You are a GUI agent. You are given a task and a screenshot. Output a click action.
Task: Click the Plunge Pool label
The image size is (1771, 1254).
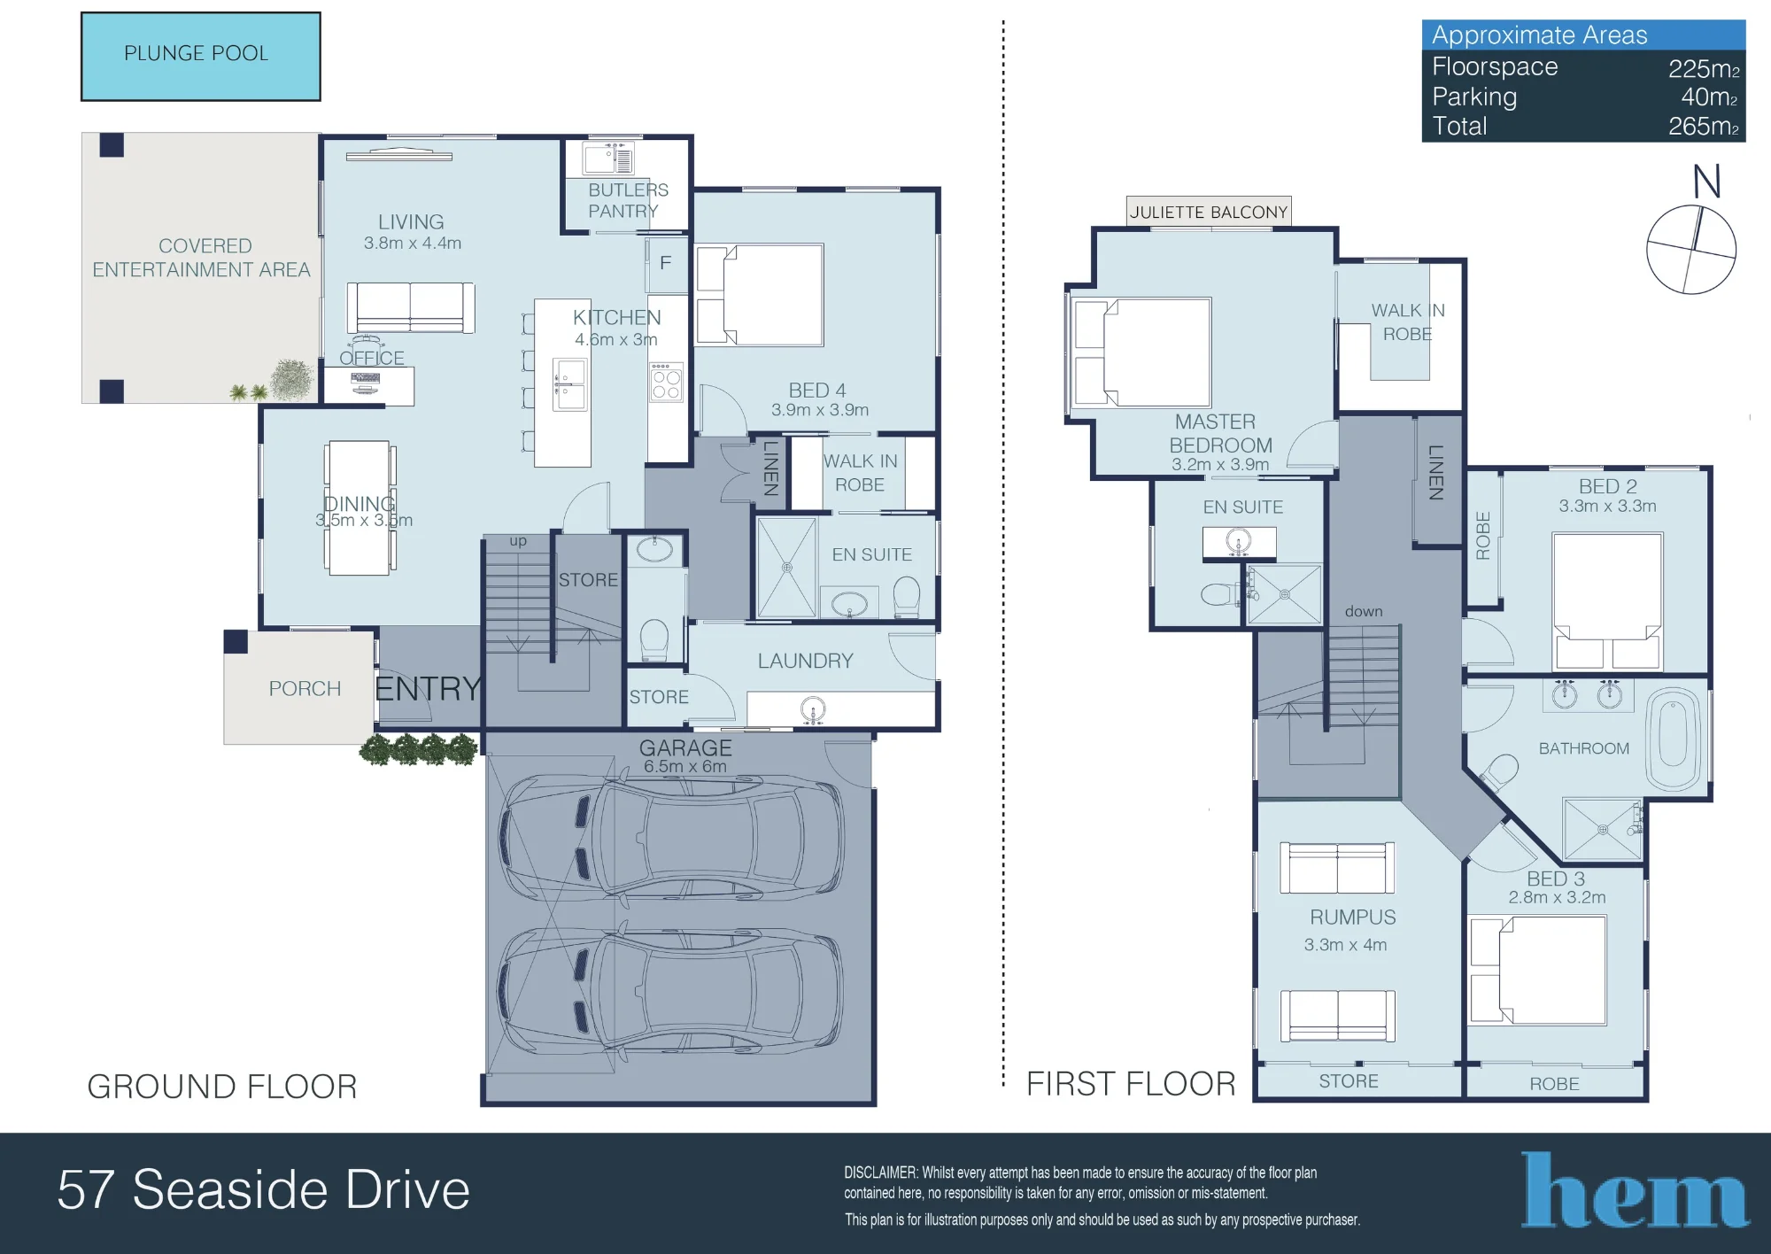point(196,53)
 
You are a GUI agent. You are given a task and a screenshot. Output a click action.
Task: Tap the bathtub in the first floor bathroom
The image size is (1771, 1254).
point(1673,733)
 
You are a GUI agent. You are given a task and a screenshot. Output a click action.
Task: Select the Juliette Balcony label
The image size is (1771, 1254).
point(1209,213)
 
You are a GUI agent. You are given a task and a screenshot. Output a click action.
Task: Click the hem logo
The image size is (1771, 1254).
point(1635,1189)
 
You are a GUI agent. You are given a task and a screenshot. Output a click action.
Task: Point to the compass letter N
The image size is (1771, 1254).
point(1706,182)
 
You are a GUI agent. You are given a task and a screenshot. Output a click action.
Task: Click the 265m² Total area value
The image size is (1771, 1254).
point(1704,127)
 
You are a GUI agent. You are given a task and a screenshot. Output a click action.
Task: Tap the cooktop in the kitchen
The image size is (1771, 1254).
point(666,383)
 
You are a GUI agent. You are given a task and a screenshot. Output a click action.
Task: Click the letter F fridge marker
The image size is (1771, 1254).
point(666,263)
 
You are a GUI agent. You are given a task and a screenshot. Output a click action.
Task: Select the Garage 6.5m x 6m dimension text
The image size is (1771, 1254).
point(685,767)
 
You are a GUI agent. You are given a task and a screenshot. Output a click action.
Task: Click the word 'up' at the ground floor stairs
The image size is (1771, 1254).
point(518,541)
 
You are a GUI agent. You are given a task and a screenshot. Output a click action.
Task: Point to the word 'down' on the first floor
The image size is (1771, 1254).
point(1364,611)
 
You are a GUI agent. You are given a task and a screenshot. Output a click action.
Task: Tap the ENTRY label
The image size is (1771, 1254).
point(428,688)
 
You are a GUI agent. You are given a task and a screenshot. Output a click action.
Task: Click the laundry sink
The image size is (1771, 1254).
point(812,709)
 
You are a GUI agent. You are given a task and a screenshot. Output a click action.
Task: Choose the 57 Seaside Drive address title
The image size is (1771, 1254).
point(264,1189)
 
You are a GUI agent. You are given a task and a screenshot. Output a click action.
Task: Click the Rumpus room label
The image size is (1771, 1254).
point(1353,917)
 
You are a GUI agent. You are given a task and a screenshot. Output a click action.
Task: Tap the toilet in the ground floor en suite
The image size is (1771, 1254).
point(907,596)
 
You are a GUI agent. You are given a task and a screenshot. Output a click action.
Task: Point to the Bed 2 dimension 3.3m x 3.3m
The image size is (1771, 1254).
point(1608,507)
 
